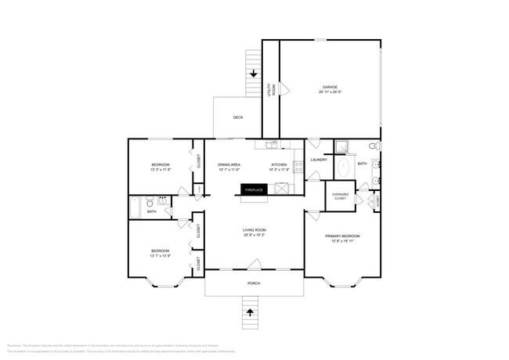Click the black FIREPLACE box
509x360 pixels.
(x=254, y=189)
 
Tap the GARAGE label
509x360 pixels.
(x=330, y=86)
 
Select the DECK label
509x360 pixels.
(x=238, y=117)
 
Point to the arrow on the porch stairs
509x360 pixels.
(x=251, y=311)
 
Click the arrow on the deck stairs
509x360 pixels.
(x=253, y=73)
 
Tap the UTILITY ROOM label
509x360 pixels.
(x=272, y=89)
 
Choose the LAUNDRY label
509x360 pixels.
(x=319, y=160)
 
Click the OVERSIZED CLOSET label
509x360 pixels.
(x=340, y=196)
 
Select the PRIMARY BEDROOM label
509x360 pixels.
(x=343, y=236)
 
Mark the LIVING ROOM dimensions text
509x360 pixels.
(x=254, y=235)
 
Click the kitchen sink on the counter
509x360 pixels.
(x=271, y=145)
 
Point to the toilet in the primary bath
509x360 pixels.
(x=374, y=146)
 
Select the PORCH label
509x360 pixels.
(x=253, y=283)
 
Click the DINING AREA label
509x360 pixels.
(x=229, y=164)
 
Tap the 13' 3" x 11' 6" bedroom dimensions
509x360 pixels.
(x=161, y=170)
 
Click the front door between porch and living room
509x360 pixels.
(x=254, y=270)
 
